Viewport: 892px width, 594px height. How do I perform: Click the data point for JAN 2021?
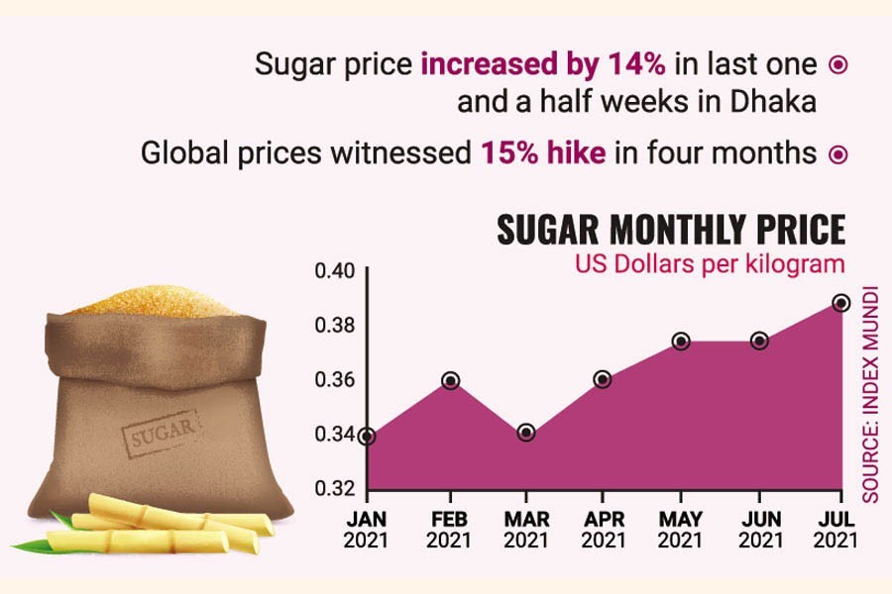click(368, 436)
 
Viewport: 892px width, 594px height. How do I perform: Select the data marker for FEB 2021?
click(450, 380)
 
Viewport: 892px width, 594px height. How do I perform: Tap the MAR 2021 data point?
click(526, 433)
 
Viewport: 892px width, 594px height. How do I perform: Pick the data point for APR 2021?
click(603, 379)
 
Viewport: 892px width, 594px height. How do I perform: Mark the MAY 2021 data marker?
click(681, 341)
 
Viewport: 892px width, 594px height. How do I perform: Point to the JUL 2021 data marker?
click(839, 302)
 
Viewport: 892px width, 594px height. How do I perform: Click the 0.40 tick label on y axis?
click(335, 271)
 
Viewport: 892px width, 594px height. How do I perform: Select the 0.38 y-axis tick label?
click(335, 326)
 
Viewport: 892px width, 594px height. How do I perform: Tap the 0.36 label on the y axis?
click(335, 380)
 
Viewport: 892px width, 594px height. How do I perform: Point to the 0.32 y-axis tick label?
click(335, 489)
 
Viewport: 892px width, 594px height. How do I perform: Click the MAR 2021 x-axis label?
click(526, 531)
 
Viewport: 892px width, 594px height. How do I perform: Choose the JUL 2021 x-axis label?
click(837, 531)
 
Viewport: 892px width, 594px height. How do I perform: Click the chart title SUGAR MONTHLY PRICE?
click(670, 231)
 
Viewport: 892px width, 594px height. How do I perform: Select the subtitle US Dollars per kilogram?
click(710, 264)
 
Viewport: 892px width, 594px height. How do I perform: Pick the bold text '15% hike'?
click(542, 153)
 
